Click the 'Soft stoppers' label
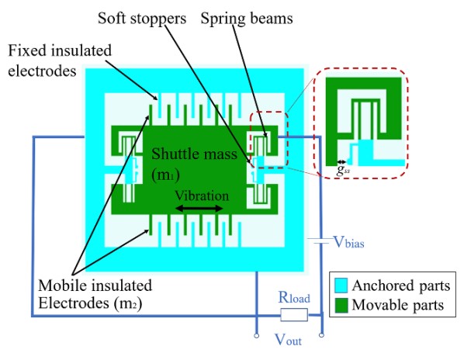[142, 19]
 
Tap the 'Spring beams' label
[247, 19]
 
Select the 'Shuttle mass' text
[194, 154]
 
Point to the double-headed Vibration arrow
[199, 209]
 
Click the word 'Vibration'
[202, 196]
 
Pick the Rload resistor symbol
[294, 315]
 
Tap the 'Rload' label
[294, 298]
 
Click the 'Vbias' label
[348, 242]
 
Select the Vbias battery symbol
[319, 241]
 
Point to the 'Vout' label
[288, 340]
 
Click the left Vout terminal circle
[257, 335]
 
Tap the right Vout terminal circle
[322, 335]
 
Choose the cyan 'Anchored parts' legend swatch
[341, 286]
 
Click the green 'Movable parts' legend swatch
[341, 305]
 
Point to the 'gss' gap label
[343, 170]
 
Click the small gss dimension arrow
[341, 161]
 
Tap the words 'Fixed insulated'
[60, 50]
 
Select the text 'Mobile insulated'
[95, 286]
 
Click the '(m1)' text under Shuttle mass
[165, 175]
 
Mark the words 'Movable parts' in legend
[398, 305]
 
